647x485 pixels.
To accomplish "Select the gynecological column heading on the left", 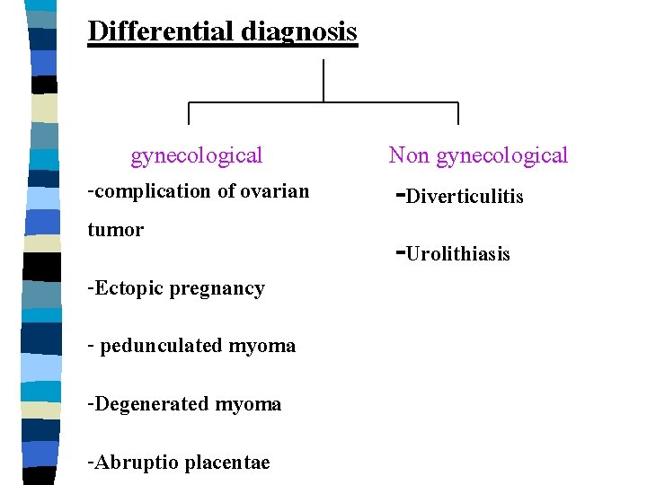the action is [197, 156].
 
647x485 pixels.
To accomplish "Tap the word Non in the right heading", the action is [409, 155].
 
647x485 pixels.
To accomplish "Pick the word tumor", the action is [115, 230].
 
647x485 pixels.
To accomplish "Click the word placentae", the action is [226, 463].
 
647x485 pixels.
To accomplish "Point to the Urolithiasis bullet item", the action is [457, 254].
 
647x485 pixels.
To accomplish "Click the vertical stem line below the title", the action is [323, 81].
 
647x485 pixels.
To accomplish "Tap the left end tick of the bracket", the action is [189, 113].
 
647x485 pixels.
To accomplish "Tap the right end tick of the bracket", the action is [458, 113].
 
